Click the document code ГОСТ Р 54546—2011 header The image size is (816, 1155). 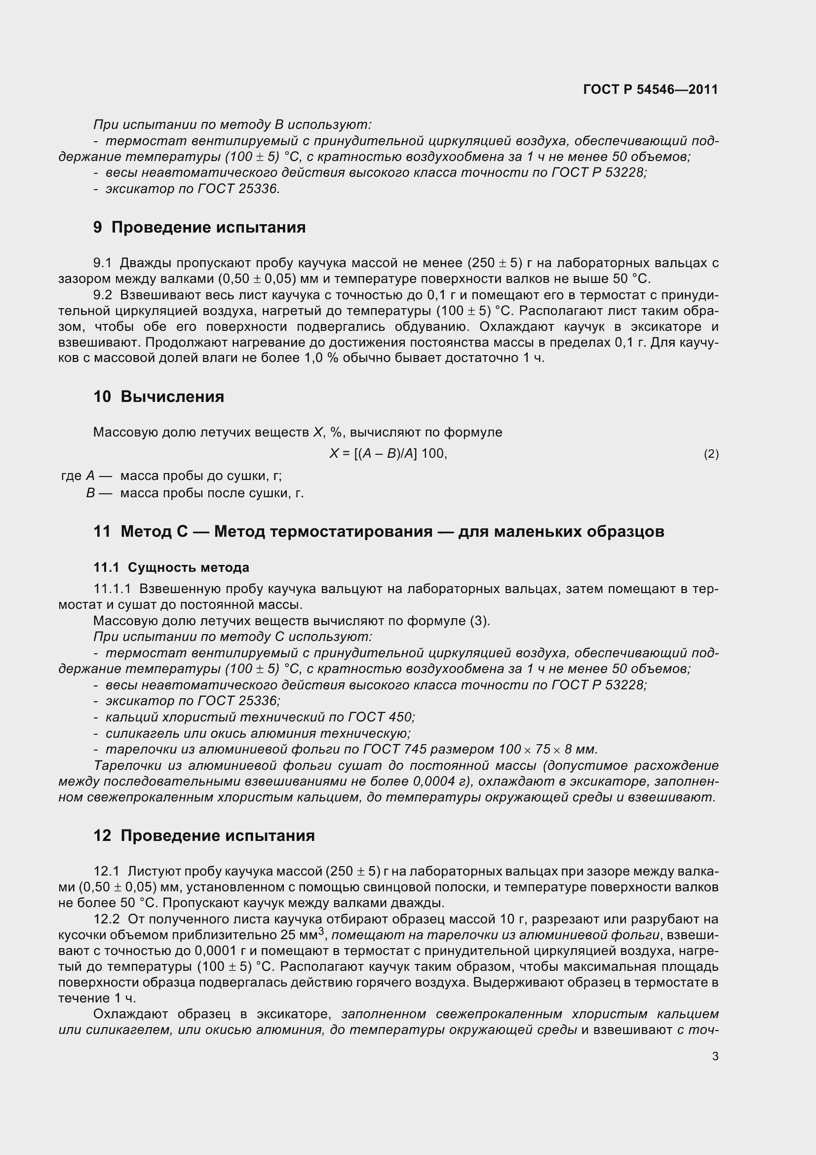click(x=651, y=89)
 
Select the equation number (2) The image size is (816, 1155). click(x=711, y=454)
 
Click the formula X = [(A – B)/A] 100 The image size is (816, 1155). click(x=388, y=454)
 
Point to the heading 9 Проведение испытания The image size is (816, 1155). click(x=199, y=227)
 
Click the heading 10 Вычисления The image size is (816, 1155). click(x=159, y=397)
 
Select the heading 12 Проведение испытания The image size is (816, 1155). click(x=204, y=836)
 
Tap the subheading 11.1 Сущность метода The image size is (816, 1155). click(x=171, y=567)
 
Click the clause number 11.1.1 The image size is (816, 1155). click(x=112, y=589)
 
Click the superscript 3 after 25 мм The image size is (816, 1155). click(x=320, y=931)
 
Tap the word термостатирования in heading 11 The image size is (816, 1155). click(x=351, y=532)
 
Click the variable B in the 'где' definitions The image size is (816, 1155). click(x=90, y=493)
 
